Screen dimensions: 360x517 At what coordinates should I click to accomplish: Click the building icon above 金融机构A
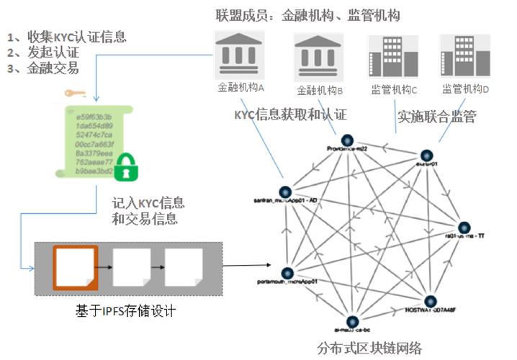[x=241, y=55]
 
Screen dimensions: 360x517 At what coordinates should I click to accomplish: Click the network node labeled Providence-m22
[x=346, y=139]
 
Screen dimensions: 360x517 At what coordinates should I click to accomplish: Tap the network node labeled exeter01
[x=426, y=155]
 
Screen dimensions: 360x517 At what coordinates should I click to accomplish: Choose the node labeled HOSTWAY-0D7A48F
[x=430, y=301]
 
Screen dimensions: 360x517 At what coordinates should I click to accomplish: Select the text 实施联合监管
[x=436, y=117]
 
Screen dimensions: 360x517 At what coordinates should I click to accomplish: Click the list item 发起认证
[x=51, y=53]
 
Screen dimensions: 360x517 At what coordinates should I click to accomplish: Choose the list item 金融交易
[x=51, y=69]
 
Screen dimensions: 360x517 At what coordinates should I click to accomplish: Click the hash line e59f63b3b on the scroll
[x=89, y=115]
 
